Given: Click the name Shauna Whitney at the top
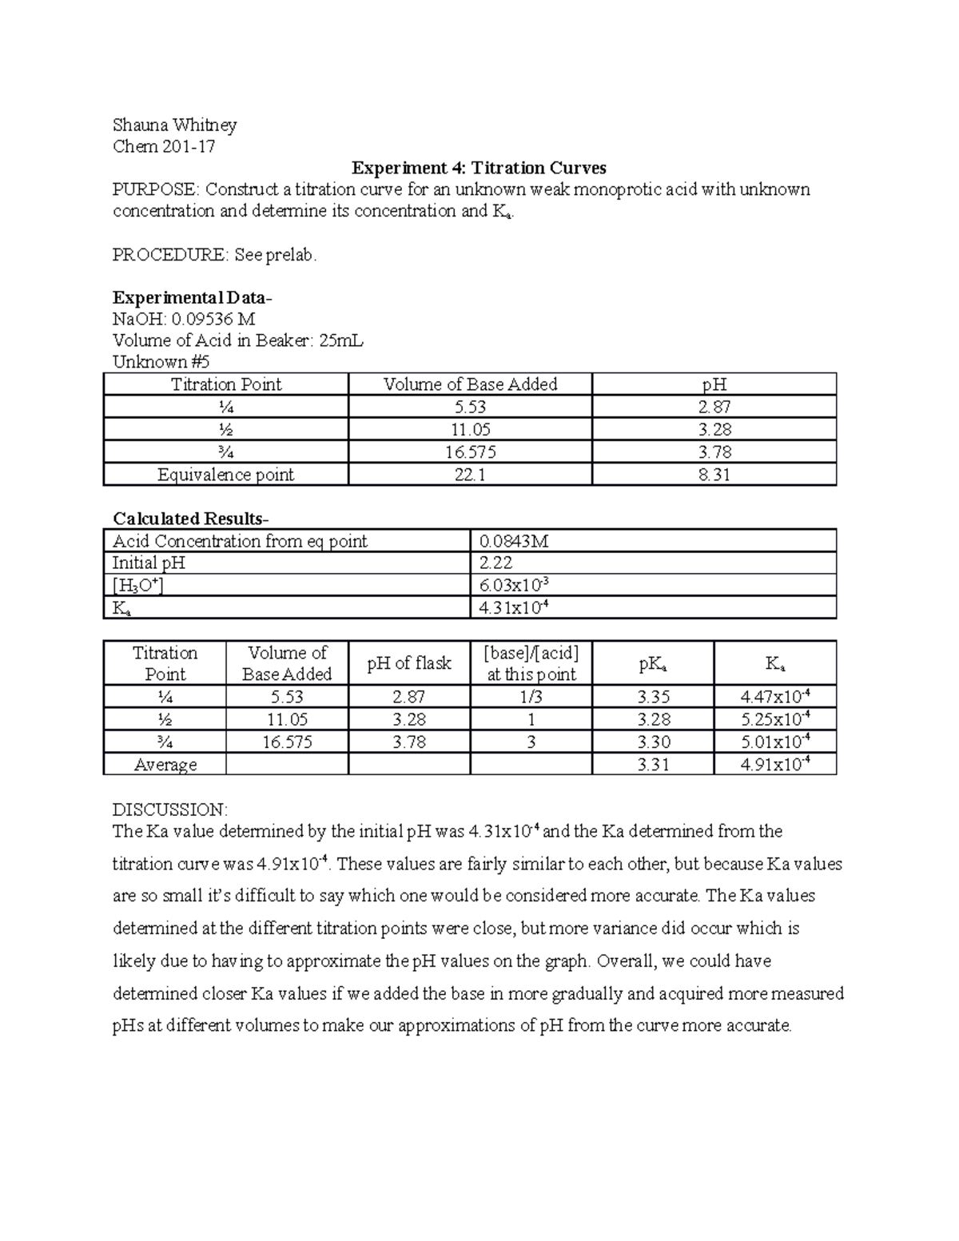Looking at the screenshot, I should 174,125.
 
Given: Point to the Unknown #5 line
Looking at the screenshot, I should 161,362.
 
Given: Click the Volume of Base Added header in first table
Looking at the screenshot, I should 470,384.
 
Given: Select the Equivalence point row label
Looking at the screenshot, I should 225,475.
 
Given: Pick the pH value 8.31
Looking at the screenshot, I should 714,475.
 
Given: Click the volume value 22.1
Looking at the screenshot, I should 470,475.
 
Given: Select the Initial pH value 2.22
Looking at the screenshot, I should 495,563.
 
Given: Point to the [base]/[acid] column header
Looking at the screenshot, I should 531,663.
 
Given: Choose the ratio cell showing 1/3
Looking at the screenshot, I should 531,697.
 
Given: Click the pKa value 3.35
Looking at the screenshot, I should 653,697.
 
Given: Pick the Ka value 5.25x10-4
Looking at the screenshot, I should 775,719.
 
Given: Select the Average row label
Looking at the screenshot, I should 165,765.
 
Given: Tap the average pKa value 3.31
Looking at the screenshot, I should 653,765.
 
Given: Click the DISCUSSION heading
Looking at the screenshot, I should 170,809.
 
